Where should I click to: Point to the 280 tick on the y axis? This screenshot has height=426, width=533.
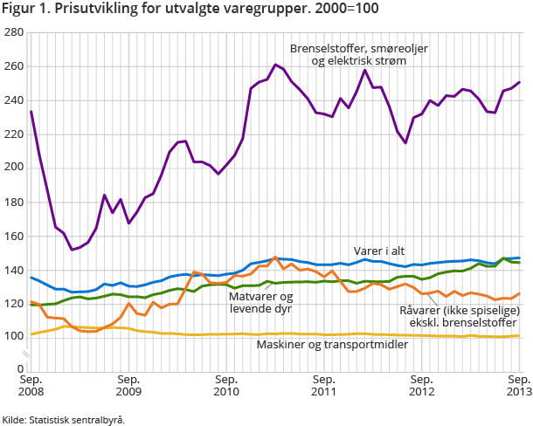coord(14,32)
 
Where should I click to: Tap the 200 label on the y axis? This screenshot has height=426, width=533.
coord(14,168)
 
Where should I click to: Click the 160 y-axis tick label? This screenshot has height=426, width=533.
coord(14,236)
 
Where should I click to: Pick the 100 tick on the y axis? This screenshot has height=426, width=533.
coord(14,337)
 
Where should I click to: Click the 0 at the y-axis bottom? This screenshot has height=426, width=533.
coord(20,369)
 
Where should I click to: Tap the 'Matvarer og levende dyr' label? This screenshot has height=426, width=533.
coord(263,302)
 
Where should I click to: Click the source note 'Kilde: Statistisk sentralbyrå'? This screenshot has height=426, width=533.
coord(63,419)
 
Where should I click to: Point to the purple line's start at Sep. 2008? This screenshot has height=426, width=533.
coord(31,111)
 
